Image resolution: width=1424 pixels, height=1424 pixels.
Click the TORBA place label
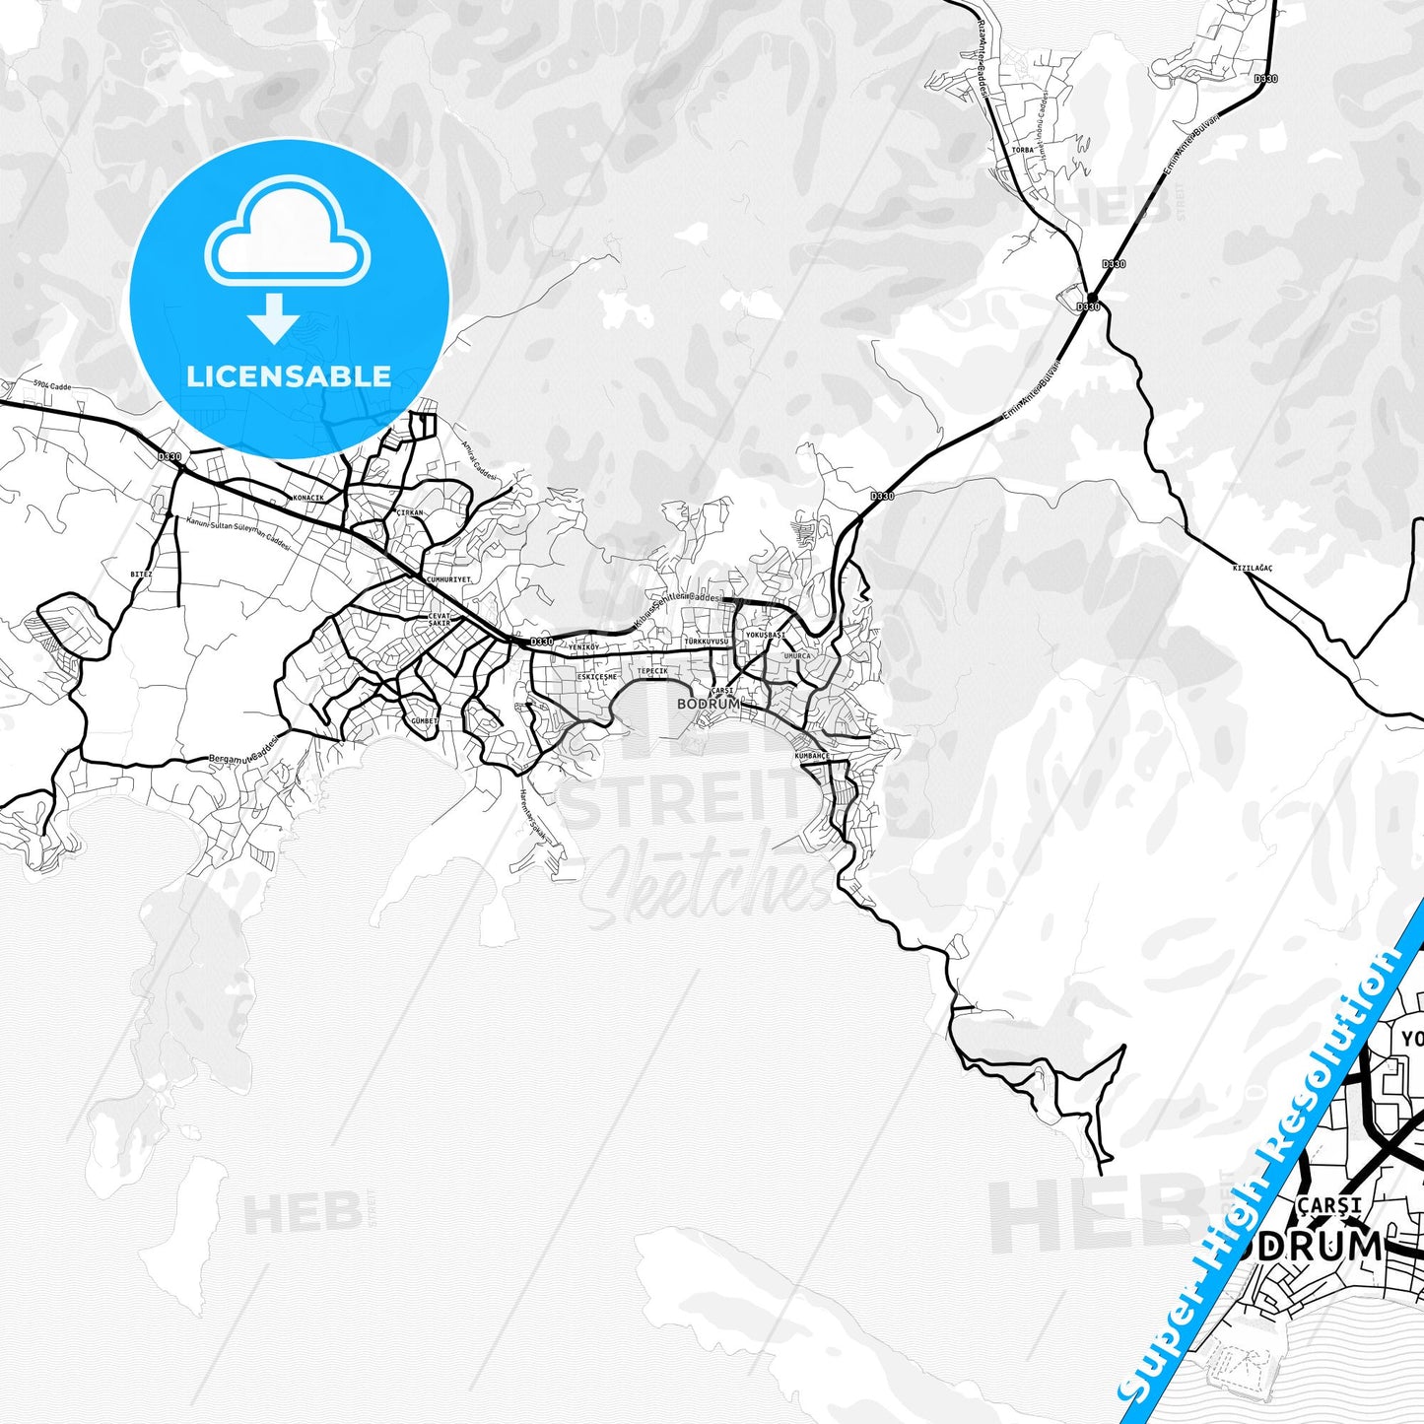point(1023,151)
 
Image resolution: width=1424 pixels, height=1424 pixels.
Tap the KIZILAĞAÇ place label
point(1253,569)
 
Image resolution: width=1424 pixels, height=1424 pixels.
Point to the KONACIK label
point(308,498)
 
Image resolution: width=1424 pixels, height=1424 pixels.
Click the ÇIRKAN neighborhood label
point(409,513)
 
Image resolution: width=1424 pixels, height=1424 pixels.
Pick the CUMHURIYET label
point(447,579)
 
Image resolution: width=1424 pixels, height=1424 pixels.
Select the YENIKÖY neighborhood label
point(583,646)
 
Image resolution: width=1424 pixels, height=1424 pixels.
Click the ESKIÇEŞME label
point(596,677)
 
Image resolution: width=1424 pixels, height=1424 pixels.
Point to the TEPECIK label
point(652,670)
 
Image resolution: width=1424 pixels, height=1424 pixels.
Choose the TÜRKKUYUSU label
point(706,642)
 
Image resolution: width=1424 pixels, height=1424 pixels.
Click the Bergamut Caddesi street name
point(243,751)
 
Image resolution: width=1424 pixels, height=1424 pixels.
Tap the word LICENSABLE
point(288,375)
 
